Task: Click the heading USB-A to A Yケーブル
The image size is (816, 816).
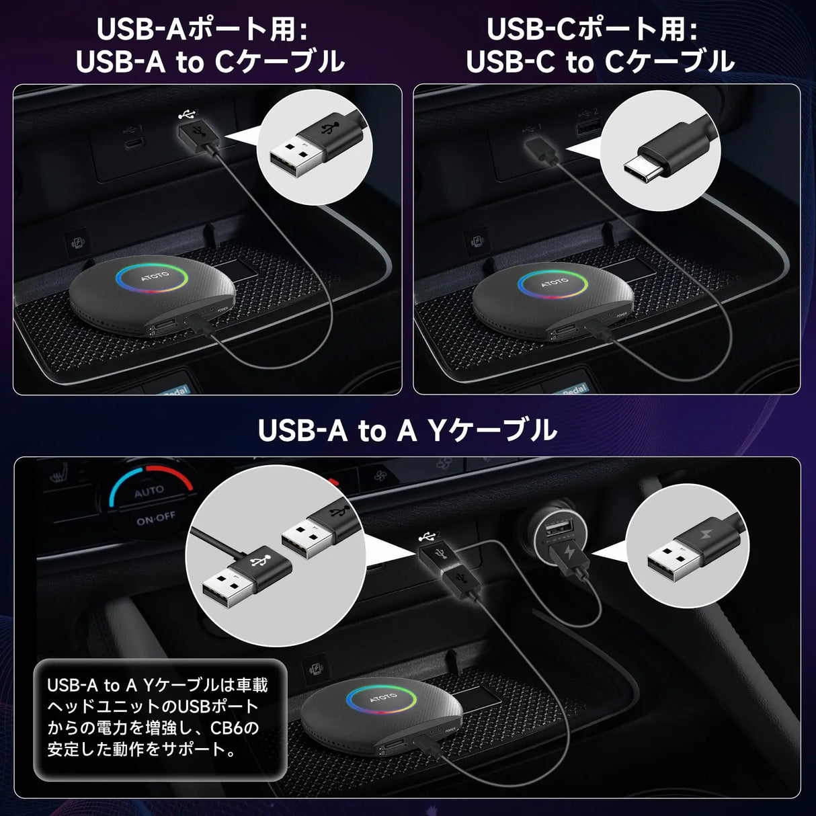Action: coord(407,431)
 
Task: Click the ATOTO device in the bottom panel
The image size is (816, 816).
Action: coord(380,717)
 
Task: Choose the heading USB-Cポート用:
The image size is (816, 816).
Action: coord(592,30)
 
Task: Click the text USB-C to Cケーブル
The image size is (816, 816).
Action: coord(600,62)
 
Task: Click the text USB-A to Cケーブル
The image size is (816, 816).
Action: coord(210,62)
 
